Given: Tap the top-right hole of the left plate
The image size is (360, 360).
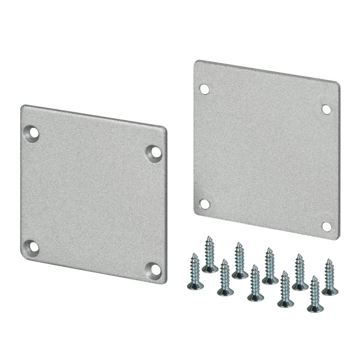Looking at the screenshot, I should (x=155, y=152).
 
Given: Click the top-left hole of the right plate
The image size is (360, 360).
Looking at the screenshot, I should (x=204, y=89).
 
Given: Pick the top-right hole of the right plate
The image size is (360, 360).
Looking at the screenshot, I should (x=326, y=109).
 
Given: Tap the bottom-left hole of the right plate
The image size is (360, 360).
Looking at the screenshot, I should (x=205, y=204).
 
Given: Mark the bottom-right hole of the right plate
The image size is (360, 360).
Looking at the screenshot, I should (x=326, y=226).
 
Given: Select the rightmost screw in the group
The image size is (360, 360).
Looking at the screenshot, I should (x=329, y=277).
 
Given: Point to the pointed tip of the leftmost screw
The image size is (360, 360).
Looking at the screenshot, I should (x=194, y=254).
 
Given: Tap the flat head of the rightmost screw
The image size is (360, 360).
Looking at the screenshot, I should (x=330, y=291).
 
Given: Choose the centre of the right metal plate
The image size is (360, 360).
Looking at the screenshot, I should (x=266, y=149).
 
